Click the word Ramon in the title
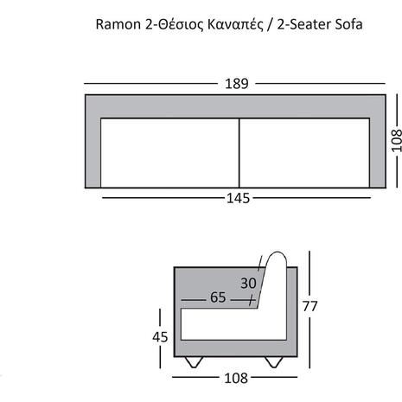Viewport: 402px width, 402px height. point(118,24)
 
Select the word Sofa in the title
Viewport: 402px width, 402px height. point(348,24)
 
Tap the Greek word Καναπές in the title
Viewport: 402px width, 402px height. point(235,25)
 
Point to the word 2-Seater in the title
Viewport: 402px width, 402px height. point(304,24)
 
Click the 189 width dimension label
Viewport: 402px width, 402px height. point(236,84)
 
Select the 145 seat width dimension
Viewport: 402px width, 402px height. point(238,198)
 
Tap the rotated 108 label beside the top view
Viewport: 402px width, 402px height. point(396,141)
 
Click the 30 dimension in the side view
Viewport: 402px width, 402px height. point(248,283)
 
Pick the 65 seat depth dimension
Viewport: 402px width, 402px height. point(218,297)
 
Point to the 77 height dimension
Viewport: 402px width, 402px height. point(309,306)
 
